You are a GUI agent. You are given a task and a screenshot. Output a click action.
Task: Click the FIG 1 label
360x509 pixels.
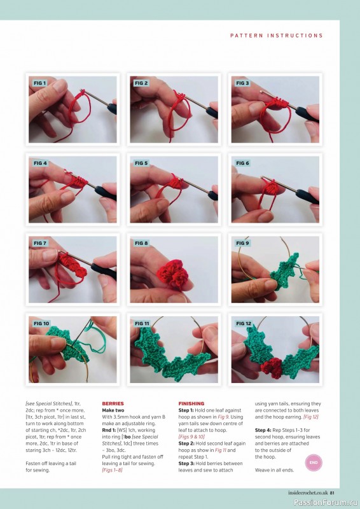coord(39,83)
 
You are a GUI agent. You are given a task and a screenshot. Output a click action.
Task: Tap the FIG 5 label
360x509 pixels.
coord(141,164)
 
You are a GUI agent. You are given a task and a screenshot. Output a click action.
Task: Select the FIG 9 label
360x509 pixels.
coord(242,243)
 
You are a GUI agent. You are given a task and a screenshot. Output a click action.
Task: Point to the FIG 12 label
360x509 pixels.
coord(244,323)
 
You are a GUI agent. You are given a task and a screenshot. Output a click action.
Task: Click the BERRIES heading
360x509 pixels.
coord(113,403)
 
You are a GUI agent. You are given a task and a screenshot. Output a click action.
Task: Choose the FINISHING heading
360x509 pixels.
coord(191,403)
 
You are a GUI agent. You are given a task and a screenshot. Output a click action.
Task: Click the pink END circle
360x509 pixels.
coord(312,463)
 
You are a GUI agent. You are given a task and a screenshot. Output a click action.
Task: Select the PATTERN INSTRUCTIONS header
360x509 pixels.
coord(276,36)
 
